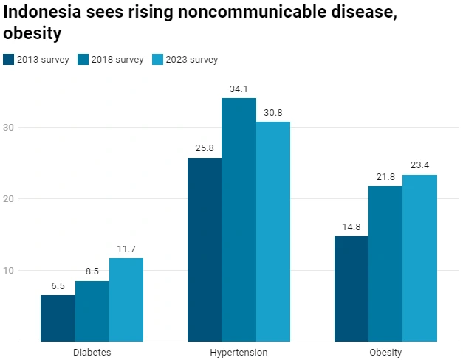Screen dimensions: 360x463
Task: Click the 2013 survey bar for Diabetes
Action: (58, 318)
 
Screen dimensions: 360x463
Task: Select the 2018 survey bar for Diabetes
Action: (92, 311)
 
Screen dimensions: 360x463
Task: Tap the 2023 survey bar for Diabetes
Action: (126, 300)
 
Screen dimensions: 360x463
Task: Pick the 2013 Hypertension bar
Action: (205, 249)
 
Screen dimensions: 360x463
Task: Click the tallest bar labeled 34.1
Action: (239, 220)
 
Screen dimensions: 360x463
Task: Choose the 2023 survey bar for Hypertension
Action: (273, 232)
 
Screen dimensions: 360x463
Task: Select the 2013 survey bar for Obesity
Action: (351, 288)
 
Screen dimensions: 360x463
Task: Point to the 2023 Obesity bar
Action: (419, 258)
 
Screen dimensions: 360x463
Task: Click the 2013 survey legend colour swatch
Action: (9, 60)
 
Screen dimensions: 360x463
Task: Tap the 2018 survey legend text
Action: (117, 60)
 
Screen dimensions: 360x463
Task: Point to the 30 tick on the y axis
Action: (9, 127)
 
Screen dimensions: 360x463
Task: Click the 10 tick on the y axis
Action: (9, 270)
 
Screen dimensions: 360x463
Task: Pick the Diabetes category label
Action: (92, 353)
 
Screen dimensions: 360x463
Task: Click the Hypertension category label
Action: (239, 353)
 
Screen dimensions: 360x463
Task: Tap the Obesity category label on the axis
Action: (385, 353)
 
